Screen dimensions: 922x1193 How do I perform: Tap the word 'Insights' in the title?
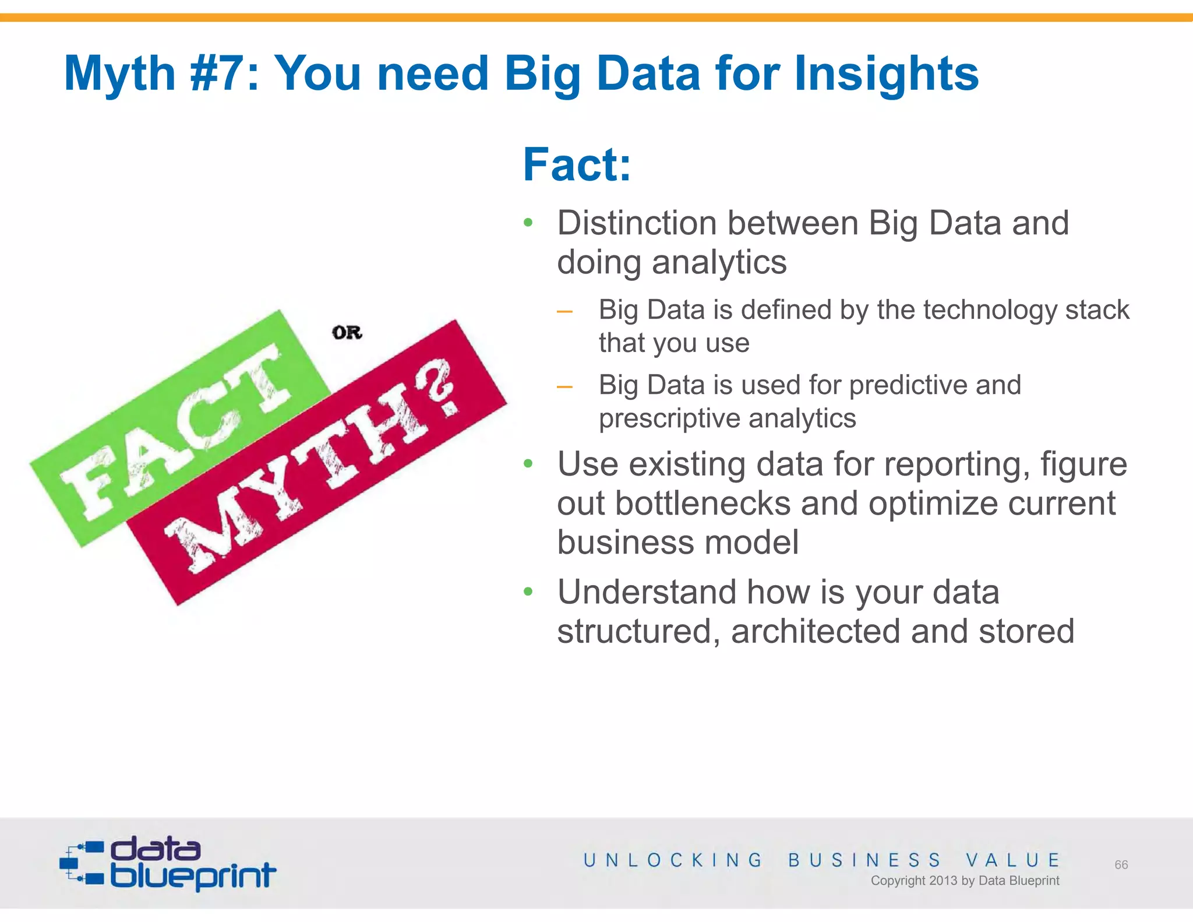click(886, 73)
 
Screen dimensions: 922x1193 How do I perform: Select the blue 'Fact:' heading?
click(577, 165)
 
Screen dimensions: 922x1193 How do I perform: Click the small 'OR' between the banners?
click(347, 333)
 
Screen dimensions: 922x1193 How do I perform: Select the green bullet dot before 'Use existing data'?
click(528, 464)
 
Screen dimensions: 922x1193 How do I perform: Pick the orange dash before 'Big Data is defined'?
click(564, 312)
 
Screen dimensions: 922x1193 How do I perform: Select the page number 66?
click(1121, 865)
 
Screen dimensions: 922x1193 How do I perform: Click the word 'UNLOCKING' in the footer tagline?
click(673, 860)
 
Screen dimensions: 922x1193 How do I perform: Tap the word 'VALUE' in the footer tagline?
click(1012, 860)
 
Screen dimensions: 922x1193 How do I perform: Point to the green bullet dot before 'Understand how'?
click(528, 592)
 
